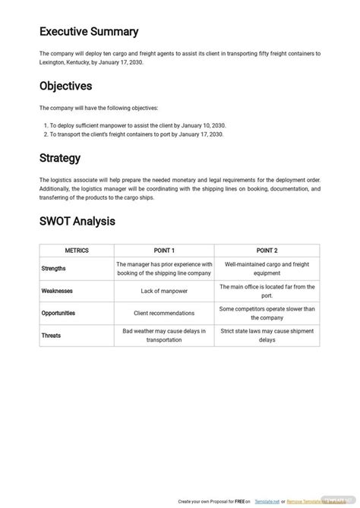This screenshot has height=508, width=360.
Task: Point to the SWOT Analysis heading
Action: click(x=77, y=222)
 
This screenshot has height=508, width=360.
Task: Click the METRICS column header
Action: click(x=76, y=250)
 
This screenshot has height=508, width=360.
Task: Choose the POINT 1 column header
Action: click(x=164, y=250)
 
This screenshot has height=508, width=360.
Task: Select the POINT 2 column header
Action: click(x=267, y=250)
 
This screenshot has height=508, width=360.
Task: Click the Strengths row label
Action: click(x=54, y=268)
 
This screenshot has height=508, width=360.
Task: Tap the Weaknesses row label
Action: click(x=57, y=291)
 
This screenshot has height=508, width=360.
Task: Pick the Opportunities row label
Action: click(x=59, y=313)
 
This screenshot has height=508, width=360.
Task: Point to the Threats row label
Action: click(x=52, y=335)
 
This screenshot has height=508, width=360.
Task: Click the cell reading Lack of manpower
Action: click(x=164, y=291)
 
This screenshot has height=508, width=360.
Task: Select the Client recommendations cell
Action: click(x=164, y=313)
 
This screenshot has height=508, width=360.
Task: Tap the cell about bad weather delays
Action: click(x=164, y=335)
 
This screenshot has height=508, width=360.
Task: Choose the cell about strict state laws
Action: click(x=267, y=335)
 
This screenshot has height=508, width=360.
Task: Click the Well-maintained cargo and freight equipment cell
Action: click(x=267, y=268)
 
